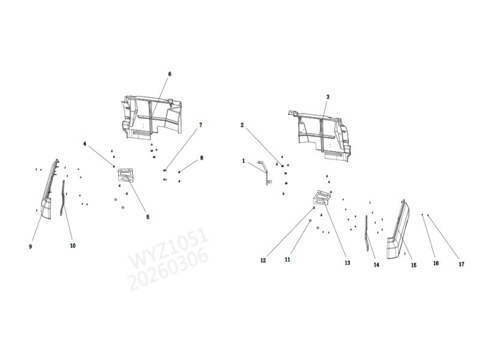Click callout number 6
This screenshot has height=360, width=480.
pos(170,74)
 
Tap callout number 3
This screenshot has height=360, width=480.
pos(328,97)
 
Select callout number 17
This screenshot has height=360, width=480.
pos(461,264)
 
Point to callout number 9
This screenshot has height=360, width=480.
pos(31,247)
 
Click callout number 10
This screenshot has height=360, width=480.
pos(73,245)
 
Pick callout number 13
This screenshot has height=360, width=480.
pos(347,263)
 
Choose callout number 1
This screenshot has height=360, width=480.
pos(244,161)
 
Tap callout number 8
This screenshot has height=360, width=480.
pos(202,158)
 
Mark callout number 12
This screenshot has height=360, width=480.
pos(263,260)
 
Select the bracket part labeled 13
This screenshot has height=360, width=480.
pos(322,198)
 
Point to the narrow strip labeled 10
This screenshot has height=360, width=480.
pos(63,197)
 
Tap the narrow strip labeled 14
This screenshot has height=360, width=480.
pos(367,233)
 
